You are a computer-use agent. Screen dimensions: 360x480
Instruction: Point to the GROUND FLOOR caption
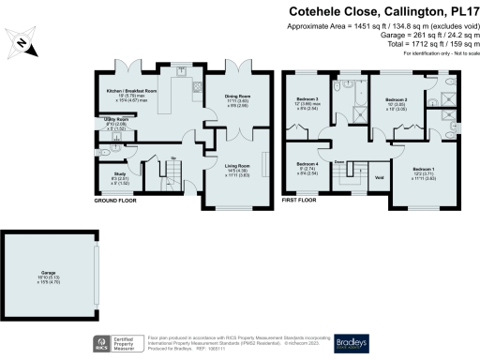(118, 201)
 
